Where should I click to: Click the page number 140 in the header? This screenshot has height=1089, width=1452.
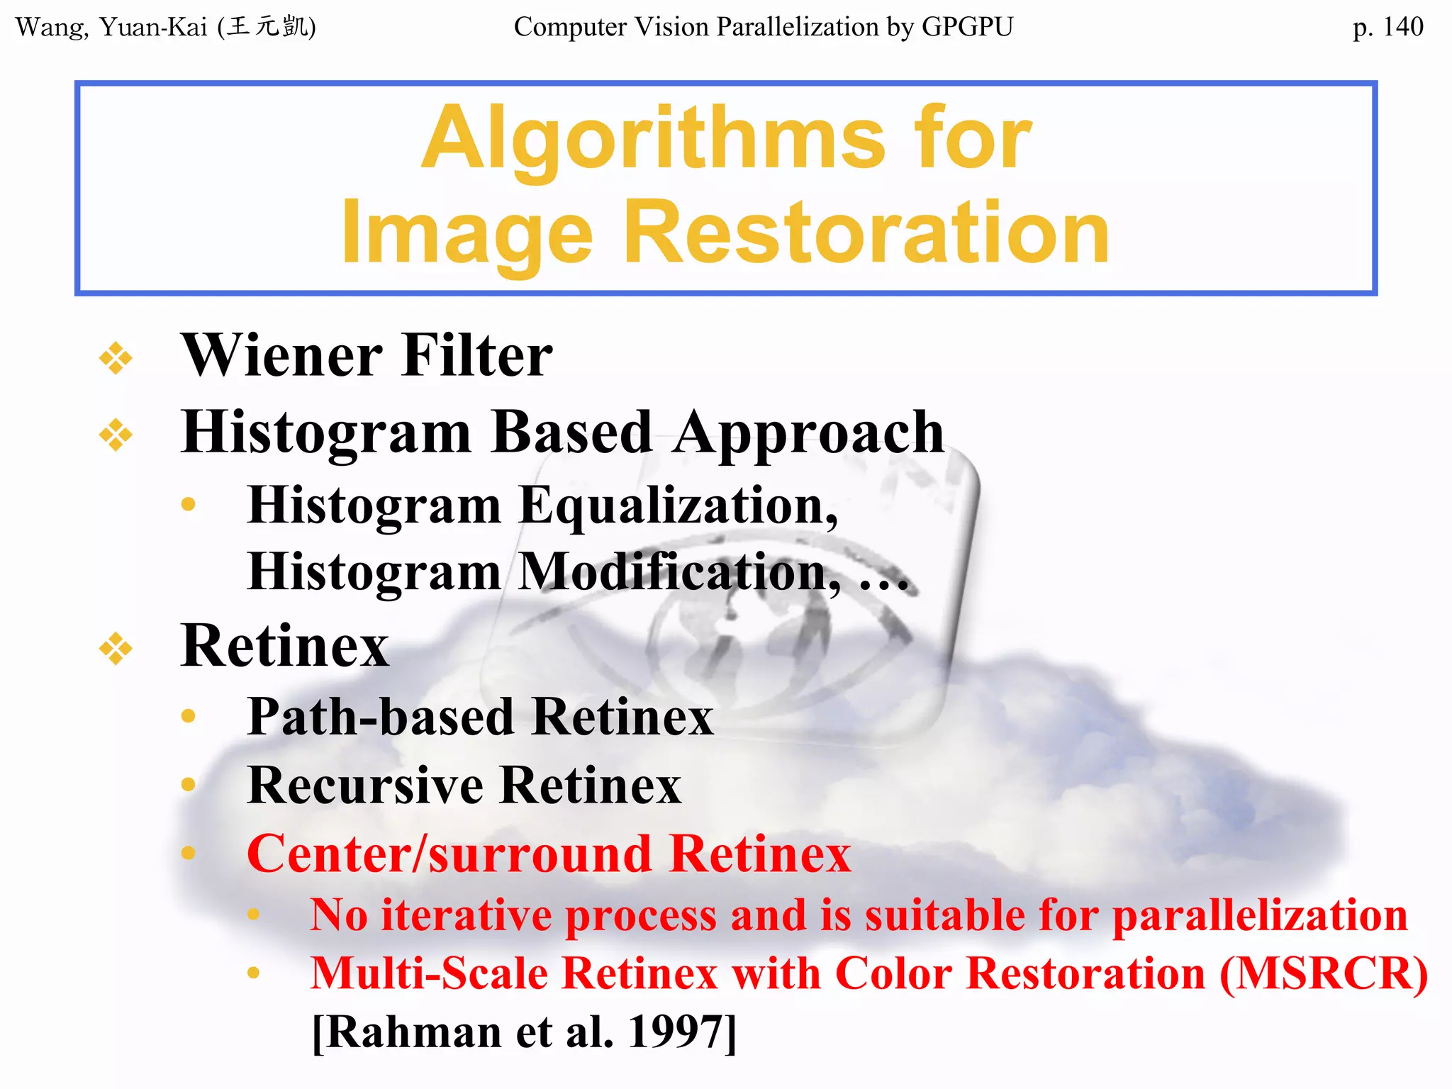coord(1402,27)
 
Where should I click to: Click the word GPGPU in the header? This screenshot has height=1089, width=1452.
coord(967,27)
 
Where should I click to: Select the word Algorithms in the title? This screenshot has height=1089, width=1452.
coord(653,140)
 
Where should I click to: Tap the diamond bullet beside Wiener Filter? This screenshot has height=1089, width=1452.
coord(116,357)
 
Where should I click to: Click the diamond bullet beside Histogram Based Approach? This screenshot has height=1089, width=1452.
coord(116,435)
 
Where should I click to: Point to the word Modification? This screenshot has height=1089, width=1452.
coord(679,573)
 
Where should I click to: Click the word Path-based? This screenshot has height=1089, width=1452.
coord(381,717)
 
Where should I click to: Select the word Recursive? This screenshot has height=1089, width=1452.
coord(366,786)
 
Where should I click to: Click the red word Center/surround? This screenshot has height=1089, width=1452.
coord(448,854)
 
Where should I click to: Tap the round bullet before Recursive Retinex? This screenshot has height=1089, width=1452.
coord(188,784)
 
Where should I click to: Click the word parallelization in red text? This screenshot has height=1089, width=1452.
coord(1260,915)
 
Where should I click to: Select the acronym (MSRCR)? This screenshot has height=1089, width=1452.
coord(1324,973)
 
